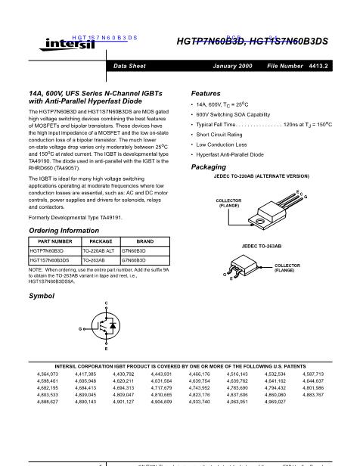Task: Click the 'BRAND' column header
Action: click(144, 241)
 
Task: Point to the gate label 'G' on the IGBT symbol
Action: click(79, 329)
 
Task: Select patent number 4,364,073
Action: click(47, 374)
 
